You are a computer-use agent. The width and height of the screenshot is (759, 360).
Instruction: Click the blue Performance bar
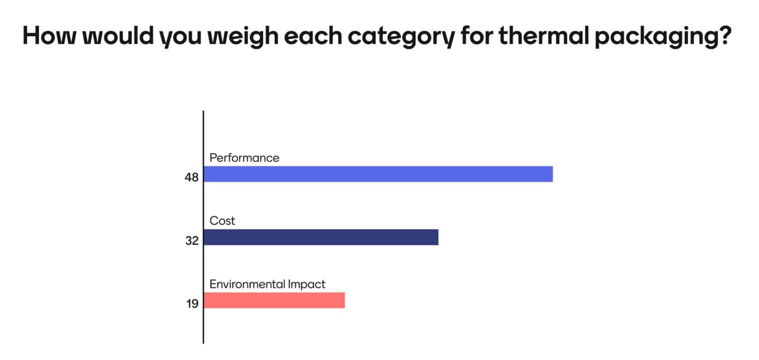pyautogui.click(x=378, y=174)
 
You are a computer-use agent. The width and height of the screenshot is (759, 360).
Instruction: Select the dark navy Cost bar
pyautogui.click(x=321, y=237)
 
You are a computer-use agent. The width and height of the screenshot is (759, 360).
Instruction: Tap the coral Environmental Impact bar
pyautogui.click(x=274, y=301)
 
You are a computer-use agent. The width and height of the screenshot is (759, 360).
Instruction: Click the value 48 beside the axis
pyautogui.click(x=192, y=177)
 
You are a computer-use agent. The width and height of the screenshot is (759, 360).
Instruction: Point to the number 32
pyautogui.click(x=192, y=241)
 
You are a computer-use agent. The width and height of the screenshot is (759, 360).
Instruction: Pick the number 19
pyautogui.click(x=192, y=303)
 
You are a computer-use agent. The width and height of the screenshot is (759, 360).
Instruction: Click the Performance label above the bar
pyautogui.click(x=244, y=158)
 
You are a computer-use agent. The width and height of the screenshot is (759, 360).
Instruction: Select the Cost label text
pyautogui.click(x=222, y=221)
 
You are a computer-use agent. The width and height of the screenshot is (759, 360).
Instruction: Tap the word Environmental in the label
pyautogui.click(x=247, y=284)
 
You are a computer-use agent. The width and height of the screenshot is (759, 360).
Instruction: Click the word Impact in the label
pyautogui.click(x=306, y=284)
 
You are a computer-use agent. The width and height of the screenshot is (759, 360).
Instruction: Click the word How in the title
pyautogui.click(x=50, y=36)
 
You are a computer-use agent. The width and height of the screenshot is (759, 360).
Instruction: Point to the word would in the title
pyautogui.click(x=118, y=36)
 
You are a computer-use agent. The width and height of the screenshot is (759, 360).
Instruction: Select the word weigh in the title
pyautogui.click(x=243, y=36)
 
